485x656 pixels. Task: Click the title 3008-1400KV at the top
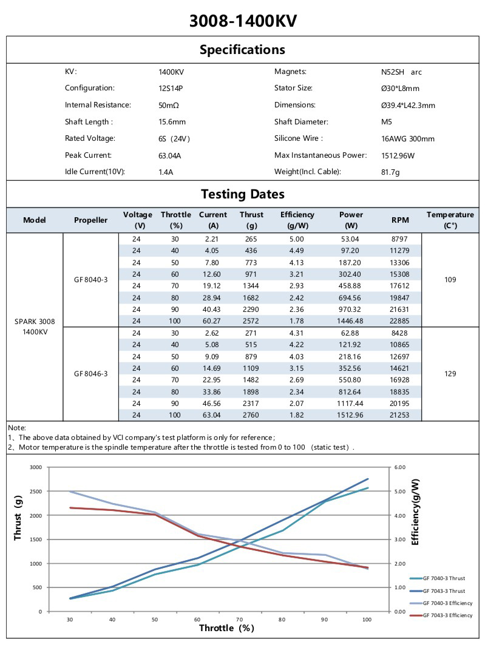click(x=243, y=21)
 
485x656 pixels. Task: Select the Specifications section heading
click(x=242, y=49)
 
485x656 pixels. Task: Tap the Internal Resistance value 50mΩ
click(x=168, y=105)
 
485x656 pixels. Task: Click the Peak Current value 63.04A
click(x=169, y=155)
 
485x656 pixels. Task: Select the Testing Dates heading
click(x=242, y=194)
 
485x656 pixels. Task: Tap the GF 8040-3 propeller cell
click(x=90, y=280)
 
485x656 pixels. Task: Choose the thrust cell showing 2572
click(x=251, y=320)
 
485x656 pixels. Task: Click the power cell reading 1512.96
click(x=351, y=415)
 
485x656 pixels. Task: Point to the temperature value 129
click(x=450, y=374)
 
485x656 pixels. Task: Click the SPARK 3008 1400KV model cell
click(x=35, y=326)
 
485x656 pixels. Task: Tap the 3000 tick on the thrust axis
click(x=36, y=467)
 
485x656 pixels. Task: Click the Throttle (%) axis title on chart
click(x=226, y=627)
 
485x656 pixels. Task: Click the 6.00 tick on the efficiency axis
click(x=399, y=467)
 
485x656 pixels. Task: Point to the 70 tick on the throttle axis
click(x=239, y=619)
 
